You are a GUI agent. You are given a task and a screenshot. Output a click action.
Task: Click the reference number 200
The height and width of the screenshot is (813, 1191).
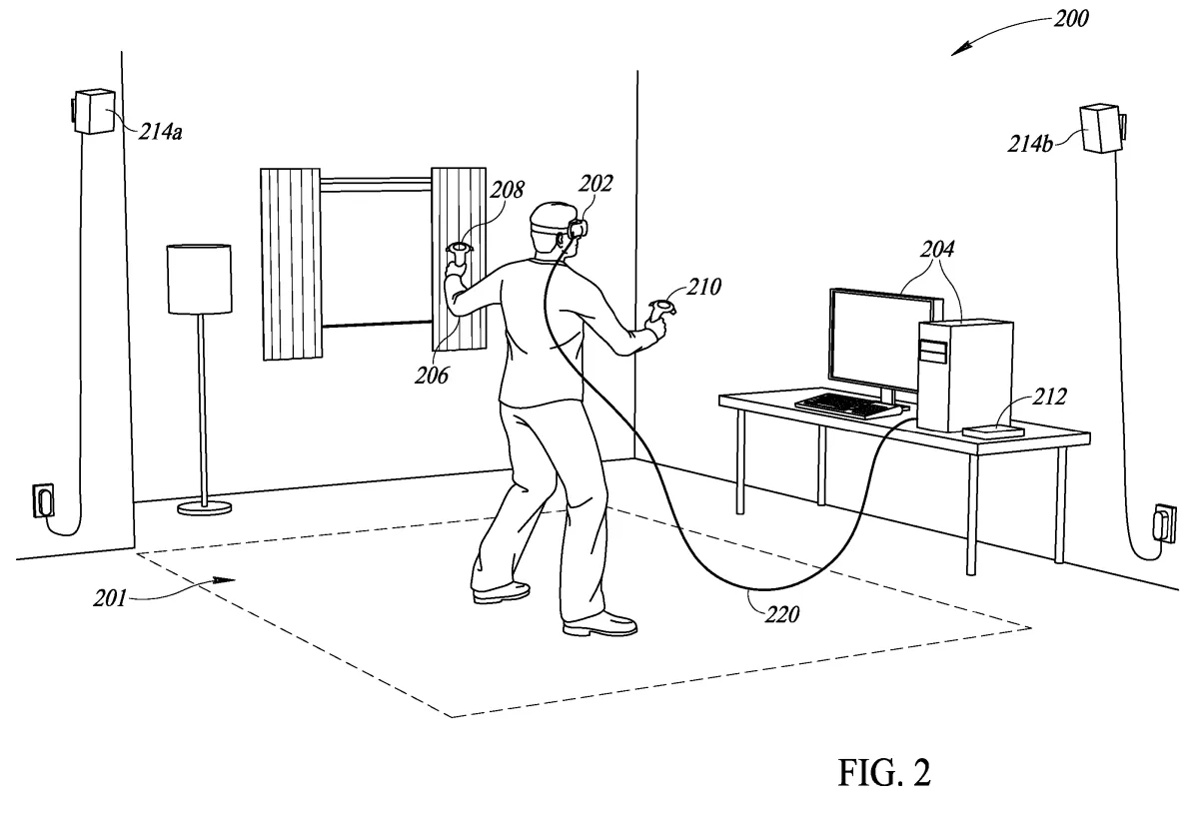[1071, 17]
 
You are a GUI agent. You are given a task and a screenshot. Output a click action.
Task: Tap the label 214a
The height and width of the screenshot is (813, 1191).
[160, 132]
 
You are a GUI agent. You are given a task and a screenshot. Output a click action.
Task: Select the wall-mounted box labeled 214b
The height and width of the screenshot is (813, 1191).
[1101, 127]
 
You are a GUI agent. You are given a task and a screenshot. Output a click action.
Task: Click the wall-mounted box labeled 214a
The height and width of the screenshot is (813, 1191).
[94, 112]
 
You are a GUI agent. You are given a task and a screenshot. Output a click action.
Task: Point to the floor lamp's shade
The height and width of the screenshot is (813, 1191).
[198, 279]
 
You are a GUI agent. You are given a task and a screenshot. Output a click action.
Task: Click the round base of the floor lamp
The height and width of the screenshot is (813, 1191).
[205, 507]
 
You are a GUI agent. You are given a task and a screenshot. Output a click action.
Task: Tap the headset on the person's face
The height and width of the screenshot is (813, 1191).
[578, 227]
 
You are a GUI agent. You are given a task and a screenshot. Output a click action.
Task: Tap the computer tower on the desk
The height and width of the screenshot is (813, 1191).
[964, 375]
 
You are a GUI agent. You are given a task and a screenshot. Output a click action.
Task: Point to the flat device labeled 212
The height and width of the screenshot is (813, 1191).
[993, 431]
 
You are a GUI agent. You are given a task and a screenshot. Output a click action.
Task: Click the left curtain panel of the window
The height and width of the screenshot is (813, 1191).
[291, 264]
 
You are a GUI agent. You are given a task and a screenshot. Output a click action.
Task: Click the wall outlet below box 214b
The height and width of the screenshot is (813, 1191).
[1164, 522]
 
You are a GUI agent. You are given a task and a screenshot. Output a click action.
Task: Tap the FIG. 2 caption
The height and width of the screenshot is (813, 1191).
[884, 773]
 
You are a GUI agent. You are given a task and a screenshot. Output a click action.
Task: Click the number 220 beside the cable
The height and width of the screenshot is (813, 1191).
[781, 613]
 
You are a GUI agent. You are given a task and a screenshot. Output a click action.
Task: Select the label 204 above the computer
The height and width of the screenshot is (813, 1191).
[938, 249]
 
